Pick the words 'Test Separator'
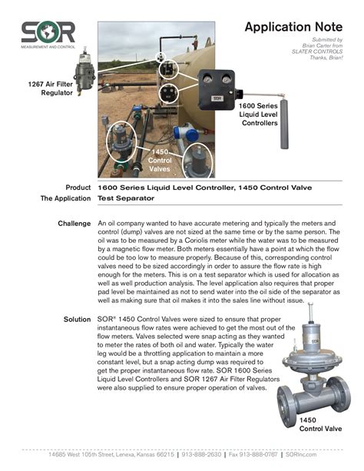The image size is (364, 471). (126, 198)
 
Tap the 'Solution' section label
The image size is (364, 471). (77, 317)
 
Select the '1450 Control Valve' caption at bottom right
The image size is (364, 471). (317, 426)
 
